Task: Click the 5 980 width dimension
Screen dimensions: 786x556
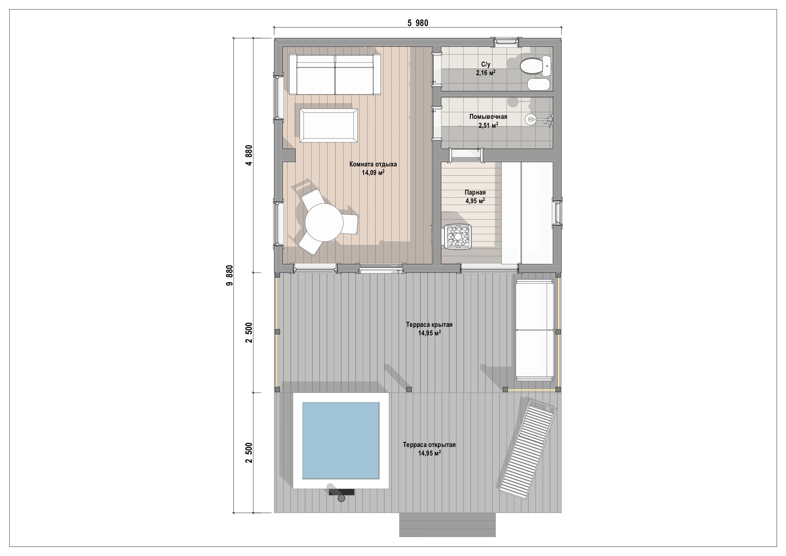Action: pos(418,23)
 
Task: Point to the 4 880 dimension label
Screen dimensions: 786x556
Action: pos(249,156)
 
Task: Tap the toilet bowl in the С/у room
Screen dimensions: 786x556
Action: pos(531,66)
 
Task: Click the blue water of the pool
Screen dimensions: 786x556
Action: pos(341,441)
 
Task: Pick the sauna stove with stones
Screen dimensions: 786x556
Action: pos(458,237)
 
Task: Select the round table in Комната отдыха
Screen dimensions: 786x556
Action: pos(324,223)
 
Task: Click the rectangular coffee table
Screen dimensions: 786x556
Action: pos(329,126)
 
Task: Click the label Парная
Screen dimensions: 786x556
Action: pos(475,192)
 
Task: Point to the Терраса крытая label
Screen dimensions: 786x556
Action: pos(429,324)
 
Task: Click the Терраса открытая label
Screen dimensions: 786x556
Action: pos(429,445)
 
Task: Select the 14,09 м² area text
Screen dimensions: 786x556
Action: pos(373,173)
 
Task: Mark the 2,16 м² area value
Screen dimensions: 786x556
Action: pos(486,73)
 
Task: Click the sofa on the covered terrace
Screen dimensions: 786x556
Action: pos(535,330)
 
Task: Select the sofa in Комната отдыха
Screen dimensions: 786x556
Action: pos(335,74)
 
